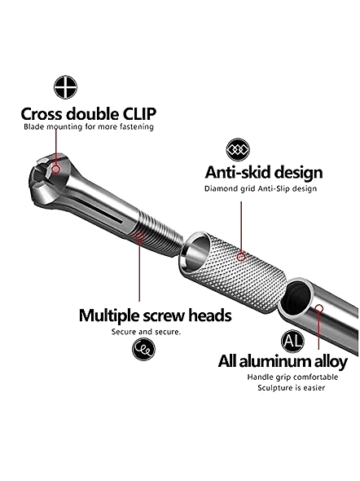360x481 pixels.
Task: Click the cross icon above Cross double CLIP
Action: point(65,87)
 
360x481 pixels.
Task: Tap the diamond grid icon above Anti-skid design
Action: point(238,150)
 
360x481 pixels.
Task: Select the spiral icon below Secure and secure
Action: point(143,349)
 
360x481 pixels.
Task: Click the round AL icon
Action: point(292,341)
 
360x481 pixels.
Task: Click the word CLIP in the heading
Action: point(140,114)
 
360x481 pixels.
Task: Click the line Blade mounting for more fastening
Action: point(89,126)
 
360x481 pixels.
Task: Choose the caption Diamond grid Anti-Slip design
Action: point(261,188)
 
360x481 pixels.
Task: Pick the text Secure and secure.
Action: point(146,332)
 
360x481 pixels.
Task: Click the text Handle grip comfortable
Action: point(292,377)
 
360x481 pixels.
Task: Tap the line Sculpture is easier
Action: point(291,388)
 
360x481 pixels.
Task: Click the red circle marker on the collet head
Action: point(55,169)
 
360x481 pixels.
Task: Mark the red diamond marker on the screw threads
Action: point(139,236)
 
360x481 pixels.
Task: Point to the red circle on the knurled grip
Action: point(241,257)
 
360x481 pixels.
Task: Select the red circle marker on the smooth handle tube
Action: point(319,308)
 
